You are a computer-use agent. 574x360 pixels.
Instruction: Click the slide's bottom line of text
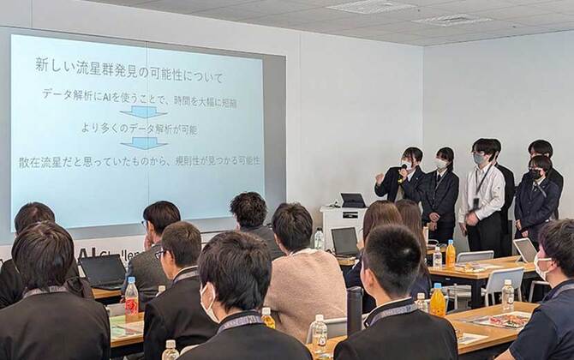[140, 161]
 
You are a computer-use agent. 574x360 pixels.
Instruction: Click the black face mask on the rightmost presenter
[535, 175]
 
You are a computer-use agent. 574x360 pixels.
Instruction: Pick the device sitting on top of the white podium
[353, 200]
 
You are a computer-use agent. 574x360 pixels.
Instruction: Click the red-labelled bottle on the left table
[131, 300]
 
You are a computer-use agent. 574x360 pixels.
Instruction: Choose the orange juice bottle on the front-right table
[438, 301]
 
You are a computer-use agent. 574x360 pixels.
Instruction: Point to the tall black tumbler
[354, 310]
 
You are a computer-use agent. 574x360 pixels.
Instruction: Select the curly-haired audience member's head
[248, 210]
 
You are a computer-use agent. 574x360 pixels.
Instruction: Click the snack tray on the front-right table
[505, 321]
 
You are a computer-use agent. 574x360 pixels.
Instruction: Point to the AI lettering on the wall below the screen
[87, 253]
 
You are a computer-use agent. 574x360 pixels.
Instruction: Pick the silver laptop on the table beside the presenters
[525, 249]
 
